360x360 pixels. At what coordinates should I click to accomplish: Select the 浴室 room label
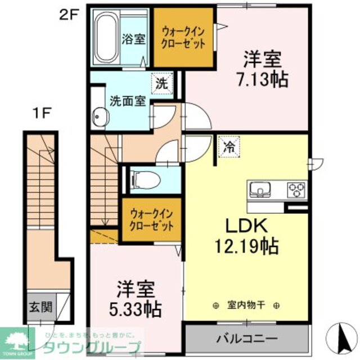pyautogui.click(x=134, y=39)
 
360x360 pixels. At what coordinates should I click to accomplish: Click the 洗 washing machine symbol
pyautogui.click(x=161, y=85)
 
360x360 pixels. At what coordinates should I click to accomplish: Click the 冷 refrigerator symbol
pyautogui.click(x=229, y=147)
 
